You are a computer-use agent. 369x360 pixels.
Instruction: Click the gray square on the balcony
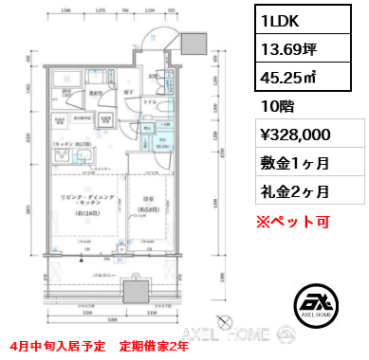(x=135, y=287)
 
